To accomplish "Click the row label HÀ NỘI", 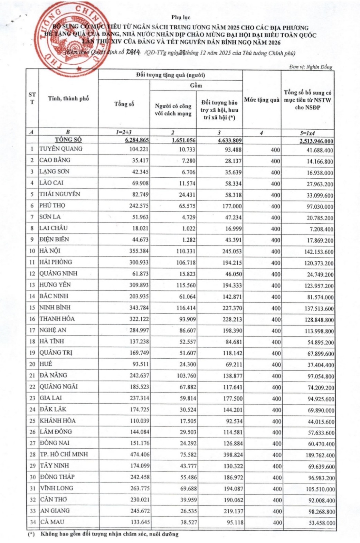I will click(50, 251).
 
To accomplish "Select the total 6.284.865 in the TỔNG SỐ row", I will click(137, 140).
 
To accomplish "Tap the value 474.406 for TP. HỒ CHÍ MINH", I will click(140, 455).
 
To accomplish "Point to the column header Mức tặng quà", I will click(262, 100).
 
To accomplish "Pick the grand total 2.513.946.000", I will click(316, 141).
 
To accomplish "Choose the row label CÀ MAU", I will click(52, 522).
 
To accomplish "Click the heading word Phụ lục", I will click(181, 17).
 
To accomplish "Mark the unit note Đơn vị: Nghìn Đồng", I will click(311, 67).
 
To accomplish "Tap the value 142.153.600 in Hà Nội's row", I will click(319, 252).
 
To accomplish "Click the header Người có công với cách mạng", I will click(173, 110).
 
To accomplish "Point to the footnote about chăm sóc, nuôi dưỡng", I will click(109, 534).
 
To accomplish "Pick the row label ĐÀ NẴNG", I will click(53, 375).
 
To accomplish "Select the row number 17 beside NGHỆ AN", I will click(32, 330).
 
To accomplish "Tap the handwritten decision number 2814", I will click(134, 53).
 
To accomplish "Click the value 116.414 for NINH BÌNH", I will click(186, 308).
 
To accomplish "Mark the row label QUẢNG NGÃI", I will click(58, 386).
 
